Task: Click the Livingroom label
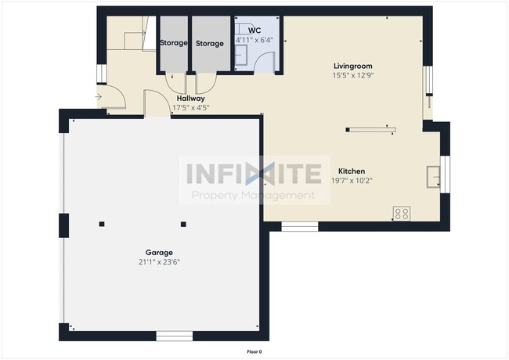[352, 67]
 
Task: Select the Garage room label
[159, 252]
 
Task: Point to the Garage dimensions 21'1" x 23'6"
[159, 262]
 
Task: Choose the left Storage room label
[173, 44]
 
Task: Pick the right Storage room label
[210, 44]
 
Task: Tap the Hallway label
[190, 99]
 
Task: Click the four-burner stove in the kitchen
[402, 213]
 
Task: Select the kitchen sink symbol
[432, 177]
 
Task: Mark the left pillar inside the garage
[101, 225]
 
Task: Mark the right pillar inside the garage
[183, 225]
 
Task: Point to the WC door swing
[267, 59]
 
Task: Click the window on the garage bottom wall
[174, 336]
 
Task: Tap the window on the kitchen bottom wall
[299, 226]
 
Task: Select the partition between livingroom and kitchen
[372, 130]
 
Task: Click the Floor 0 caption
[254, 351]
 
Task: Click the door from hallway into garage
[157, 105]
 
